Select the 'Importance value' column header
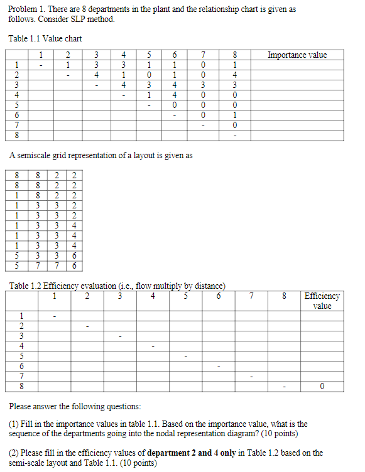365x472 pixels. coord(297,55)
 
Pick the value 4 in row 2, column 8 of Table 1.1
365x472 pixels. coord(234,75)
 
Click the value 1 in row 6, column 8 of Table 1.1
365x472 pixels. coord(234,115)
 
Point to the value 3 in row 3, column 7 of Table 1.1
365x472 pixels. coord(203,85)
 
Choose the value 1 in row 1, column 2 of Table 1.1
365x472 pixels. coord(68,65)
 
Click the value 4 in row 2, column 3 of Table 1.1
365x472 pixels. coord(96,75)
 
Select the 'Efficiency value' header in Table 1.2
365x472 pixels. coord(322,301)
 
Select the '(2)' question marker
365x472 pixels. coord(14,453)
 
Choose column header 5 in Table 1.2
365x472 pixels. coord(186,296)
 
